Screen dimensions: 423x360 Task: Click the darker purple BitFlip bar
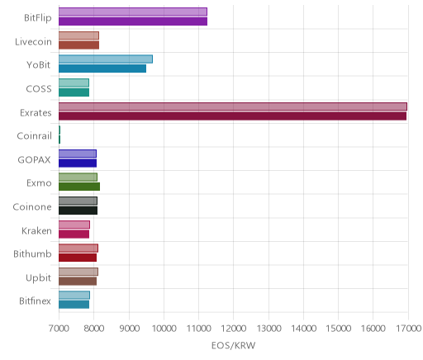(133, 21)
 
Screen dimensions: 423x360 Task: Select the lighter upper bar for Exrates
(233, 107)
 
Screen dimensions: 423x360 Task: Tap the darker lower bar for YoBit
(102, 69)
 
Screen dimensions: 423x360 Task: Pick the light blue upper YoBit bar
(106, 59)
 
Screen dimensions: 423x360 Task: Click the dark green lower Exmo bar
(79, 187)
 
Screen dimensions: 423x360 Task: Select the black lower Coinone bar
(78, 211)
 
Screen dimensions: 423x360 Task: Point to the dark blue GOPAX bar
(78, 163)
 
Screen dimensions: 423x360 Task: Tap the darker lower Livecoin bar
(78, 45)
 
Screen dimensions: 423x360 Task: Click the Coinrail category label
(34, 136)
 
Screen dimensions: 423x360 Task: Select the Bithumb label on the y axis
(32, 253)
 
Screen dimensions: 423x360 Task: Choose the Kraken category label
(36, 230)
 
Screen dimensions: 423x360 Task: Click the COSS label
(39, 88)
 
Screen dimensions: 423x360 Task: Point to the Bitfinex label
(35, 301)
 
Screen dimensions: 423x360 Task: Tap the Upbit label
(38, 277)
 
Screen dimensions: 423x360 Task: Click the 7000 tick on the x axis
(59, 329)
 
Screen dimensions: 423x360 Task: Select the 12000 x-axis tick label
(234, 329)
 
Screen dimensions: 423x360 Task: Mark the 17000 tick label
(408, 329)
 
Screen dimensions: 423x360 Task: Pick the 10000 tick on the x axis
(164, 329)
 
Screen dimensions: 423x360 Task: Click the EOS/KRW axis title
(234, 345)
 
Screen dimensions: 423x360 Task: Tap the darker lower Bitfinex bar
(74, 305)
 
